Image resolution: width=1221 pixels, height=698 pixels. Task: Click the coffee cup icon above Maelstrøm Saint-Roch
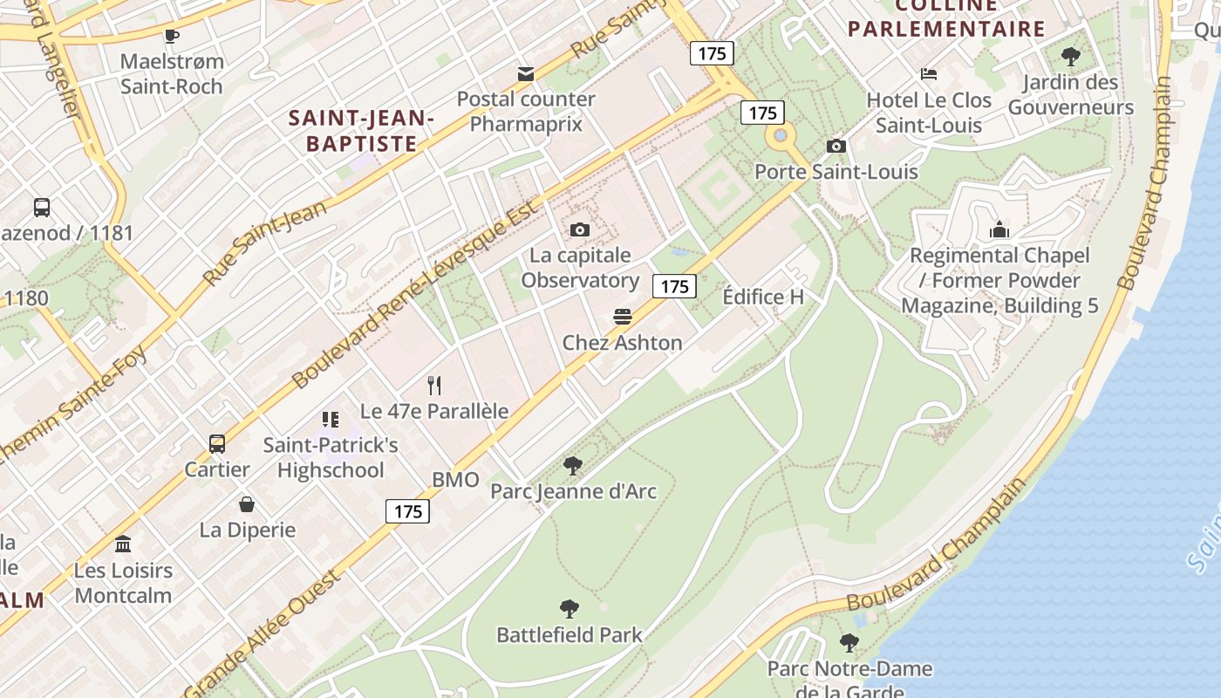click(172, 36)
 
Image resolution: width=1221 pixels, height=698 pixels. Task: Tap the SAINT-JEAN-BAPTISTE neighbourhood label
click(361, 131)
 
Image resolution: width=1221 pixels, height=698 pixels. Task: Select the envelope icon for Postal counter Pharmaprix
click(526, 74)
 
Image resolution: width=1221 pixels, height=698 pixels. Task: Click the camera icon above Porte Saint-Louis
click(836, 146)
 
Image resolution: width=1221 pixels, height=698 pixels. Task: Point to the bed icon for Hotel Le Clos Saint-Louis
click(929, 75)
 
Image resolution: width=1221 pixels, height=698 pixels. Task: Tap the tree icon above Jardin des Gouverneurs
click(1071, 58)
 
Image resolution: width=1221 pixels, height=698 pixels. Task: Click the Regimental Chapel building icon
click(999, 230)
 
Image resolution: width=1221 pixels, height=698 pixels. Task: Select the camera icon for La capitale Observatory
click(580, 230)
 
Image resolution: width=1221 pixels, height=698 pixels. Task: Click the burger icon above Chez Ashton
click(622, 317)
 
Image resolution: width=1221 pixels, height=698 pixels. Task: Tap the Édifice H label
click(763, 297)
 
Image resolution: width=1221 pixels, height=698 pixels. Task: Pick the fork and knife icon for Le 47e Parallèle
click(434, 385)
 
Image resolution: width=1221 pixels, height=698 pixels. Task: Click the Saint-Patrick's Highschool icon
click(330, 420)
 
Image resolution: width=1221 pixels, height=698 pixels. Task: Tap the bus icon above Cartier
click(217, 444)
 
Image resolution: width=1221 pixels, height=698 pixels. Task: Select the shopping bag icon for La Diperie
click(247, 504)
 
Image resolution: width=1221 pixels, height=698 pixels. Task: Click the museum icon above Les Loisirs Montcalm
click(123, 544)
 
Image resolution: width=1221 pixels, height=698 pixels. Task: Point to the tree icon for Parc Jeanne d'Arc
click(572, 466)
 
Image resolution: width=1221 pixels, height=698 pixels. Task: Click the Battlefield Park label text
click(569, 635)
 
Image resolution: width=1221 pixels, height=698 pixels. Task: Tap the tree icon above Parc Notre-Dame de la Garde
click(849, 644)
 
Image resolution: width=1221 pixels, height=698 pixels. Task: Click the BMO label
click(455, 479)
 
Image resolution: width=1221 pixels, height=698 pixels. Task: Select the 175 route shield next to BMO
click(408, 511)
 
